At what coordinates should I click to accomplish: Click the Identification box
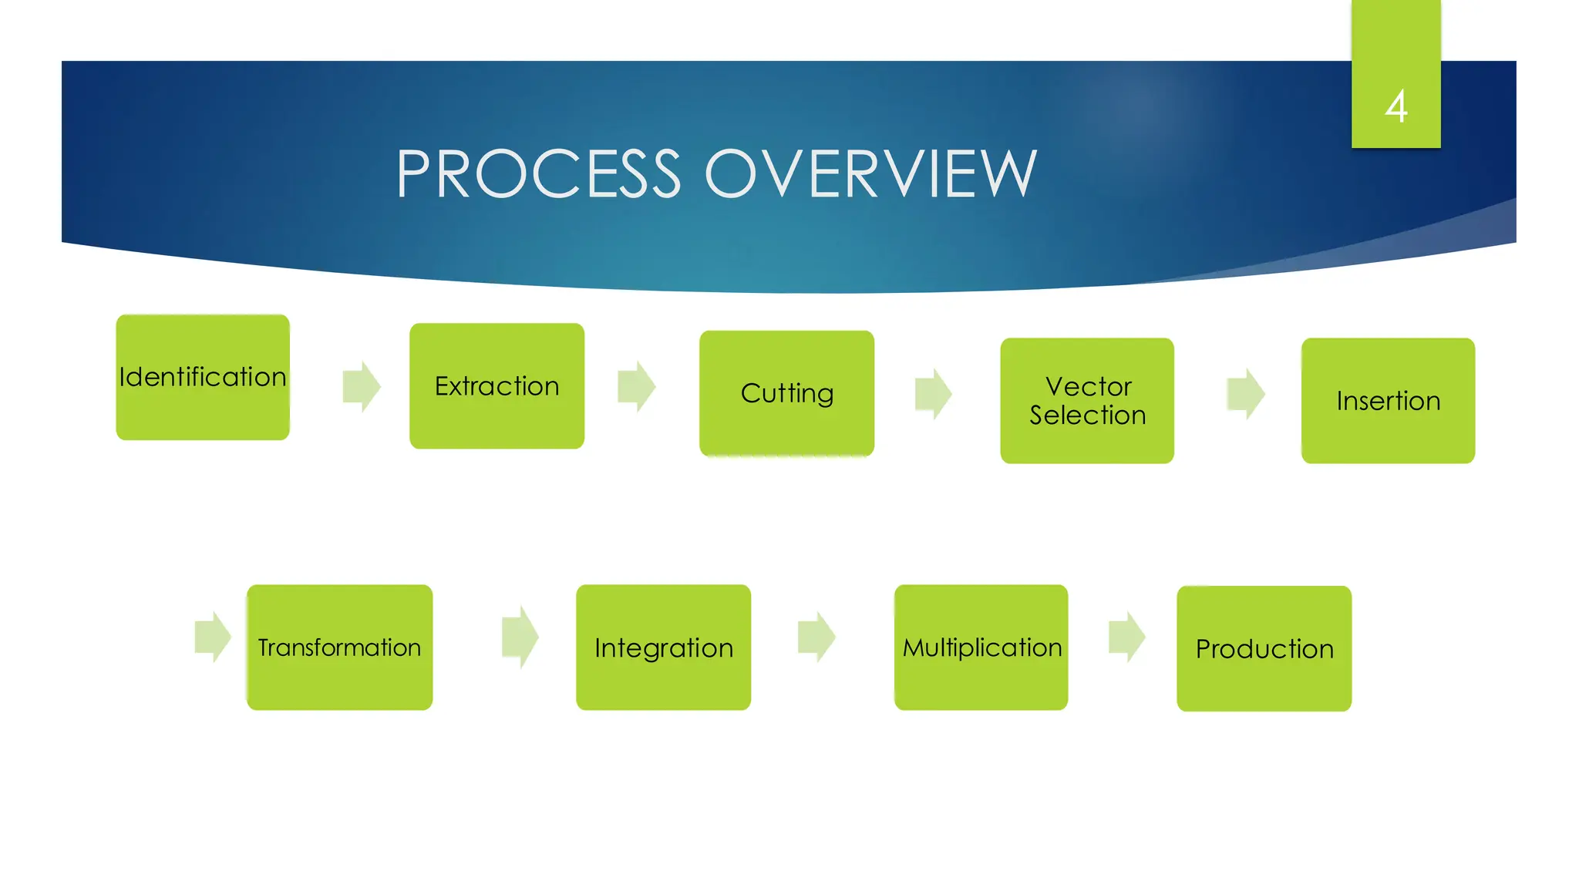click(203, 377)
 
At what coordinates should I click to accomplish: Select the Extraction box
click(497, 385)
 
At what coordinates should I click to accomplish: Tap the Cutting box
click(786, 393)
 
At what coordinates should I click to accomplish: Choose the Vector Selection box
click(1087, 400)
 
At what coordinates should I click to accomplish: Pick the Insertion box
click(1388, 400)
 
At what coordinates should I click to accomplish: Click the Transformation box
click(339, 647)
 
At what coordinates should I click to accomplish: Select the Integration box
click(663, 647)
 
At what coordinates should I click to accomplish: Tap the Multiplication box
click(981, 647)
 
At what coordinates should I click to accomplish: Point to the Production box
click(1264, 648)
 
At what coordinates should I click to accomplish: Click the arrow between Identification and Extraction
click(362, 386)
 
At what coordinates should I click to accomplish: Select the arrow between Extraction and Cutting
click(636, 386)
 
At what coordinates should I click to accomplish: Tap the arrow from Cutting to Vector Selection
click(933, 393)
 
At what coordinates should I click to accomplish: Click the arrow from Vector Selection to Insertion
click(1245, 393)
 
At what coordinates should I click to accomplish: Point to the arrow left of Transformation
click(213, 637)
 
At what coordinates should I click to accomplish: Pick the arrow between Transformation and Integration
click(520, 637)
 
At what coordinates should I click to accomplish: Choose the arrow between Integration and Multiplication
click(816, 637)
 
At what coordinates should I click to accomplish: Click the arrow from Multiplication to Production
click(1126, 637)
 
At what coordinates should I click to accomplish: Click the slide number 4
click(1396, 106)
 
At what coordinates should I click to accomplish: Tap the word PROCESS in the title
click(538, 174)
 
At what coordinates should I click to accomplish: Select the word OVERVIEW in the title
click(870, 174)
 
